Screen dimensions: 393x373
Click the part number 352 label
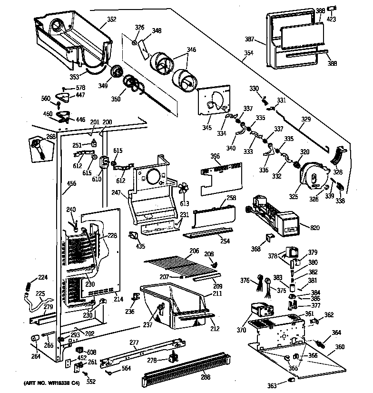pos(111,20)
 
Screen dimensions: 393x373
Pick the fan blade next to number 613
pos(183,191)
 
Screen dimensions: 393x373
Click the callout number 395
pos(215,156)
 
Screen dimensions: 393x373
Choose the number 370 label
pos(242,330)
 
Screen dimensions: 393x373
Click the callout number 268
pos(50,137)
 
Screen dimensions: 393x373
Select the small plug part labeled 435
pos(134,235)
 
